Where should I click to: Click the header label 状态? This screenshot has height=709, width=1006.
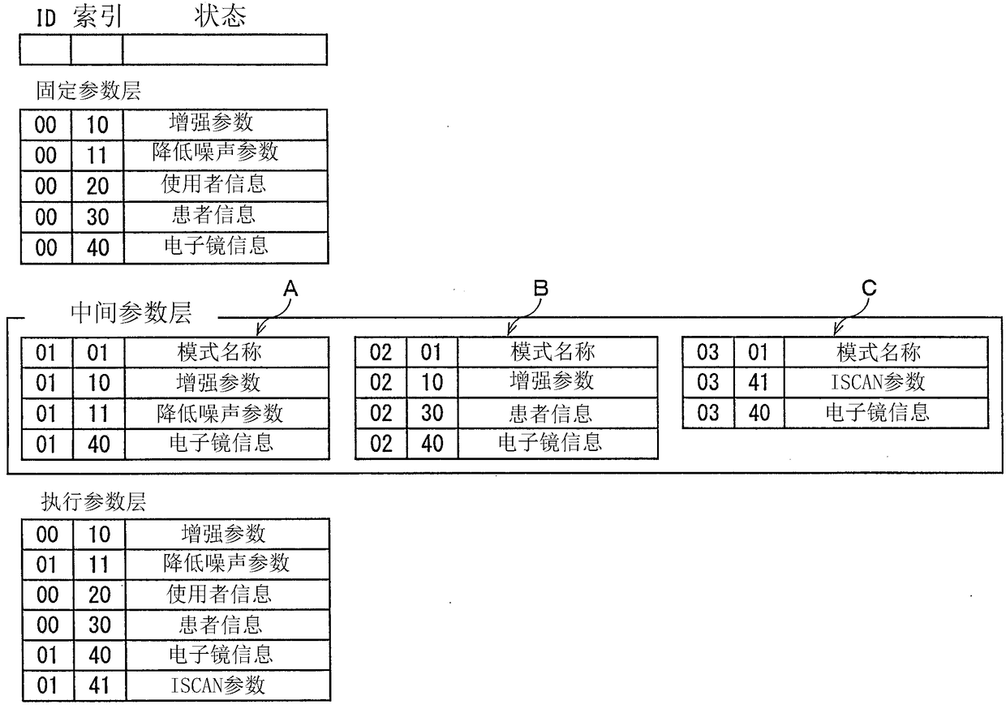(220, 16)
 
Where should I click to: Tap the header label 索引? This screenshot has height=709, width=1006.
(97, 17)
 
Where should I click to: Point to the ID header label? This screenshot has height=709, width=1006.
(45, 19)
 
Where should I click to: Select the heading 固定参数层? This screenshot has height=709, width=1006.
(88, 90)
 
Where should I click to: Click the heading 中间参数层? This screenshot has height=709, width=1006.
(131, 312)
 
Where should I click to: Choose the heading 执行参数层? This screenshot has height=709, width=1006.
(93, 501)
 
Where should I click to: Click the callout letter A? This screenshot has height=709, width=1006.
(290, 288)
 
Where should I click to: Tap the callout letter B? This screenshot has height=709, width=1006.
(540, 288)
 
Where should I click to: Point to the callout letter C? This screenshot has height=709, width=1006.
(869, 288)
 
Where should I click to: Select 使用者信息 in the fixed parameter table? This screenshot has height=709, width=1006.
(213, 184)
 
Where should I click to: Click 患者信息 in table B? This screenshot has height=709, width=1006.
(551, 413)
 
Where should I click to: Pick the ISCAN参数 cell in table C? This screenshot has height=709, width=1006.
(878, 382)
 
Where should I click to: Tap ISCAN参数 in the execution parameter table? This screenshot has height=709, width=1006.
(217, 685)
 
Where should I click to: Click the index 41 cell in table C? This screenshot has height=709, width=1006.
(759, 383)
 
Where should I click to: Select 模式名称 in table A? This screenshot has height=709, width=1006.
(219, 352)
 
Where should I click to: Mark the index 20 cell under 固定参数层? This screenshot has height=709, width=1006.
(97, 187)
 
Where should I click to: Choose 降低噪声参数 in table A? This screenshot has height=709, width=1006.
(220, 413)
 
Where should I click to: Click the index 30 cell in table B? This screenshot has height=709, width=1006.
(432, 413)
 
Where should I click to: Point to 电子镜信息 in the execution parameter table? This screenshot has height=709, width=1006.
(221, 655)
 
